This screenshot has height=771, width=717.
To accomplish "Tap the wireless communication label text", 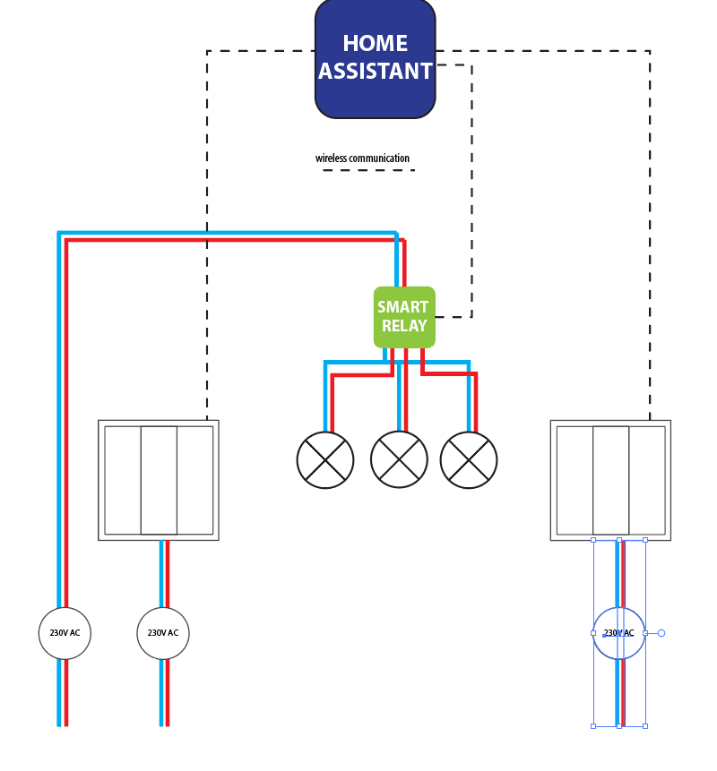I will pyautogui.click(x=362, y=158).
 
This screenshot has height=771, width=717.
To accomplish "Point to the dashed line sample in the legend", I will pyautogui.click(x=368, y=170).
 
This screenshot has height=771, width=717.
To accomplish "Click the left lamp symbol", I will pyautogui.click(x=325, y=460).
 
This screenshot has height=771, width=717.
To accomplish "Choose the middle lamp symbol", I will pyautogui.click(x=399, y=460).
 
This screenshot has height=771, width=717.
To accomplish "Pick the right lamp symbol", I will pyautogui.click(x=469, y=460).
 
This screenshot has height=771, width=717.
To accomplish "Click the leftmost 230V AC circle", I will pyautogui.click(x=65, y=633).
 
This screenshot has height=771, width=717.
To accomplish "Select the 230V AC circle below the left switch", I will pyautogui.click(x=163, y=633).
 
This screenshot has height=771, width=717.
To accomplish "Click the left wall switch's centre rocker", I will pyautogui.click(x=159, y=480).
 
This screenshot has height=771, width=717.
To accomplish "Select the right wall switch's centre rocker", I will pyautogui.click(x=611, y=480).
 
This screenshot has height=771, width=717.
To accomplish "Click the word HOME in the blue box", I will pyautogui.click(x=375, y=43).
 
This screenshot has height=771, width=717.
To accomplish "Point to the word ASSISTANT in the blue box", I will pyautogui.click(x=375, y=72).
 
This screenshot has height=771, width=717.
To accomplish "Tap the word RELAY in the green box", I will pyautogui.click(x=404, y=326).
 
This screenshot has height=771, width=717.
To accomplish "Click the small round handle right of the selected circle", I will pyautogui.click(x=661, y=633).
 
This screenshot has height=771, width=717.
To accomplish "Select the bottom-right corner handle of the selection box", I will pyautogui.click(x=645, y=725).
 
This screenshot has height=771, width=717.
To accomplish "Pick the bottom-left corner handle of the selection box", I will pyautogui.click(x=593, y=725).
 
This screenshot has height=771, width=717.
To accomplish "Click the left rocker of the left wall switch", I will pyautogui.click(x=123, y=480).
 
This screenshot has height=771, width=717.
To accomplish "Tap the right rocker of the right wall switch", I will pyautogui.click(x=647, y=480).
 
